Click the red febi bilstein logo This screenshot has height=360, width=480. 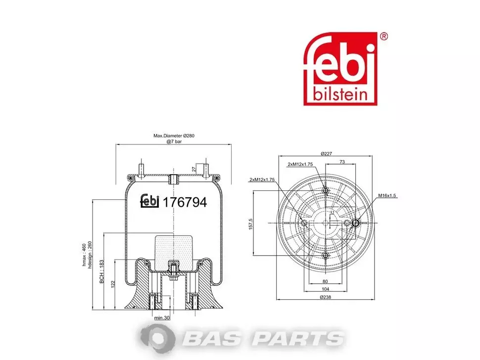point(340,69)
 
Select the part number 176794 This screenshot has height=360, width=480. point(185,202)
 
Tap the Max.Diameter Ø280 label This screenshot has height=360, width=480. point(174,135)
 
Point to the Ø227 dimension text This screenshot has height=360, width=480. point(326,153)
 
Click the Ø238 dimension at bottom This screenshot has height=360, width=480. point(325,297)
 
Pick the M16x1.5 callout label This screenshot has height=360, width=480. point(387,195)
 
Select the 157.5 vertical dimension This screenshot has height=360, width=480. point(251,224)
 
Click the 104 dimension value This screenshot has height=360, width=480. point(325,289)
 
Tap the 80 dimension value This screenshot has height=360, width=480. point(325,281)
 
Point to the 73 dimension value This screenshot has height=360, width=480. point(342,162)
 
